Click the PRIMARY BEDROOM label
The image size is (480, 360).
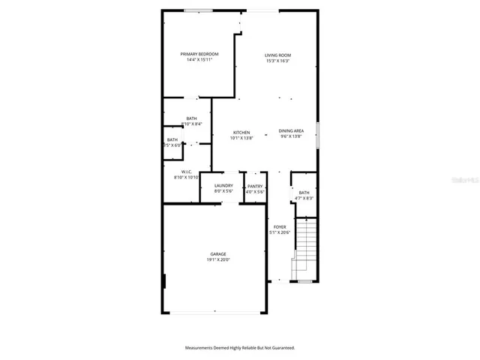199,54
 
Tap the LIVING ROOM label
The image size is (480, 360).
277,55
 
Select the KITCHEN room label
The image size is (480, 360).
241,132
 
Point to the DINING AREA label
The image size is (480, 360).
291,130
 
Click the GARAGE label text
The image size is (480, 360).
218,254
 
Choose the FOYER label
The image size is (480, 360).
280,226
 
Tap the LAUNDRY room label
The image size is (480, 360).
223,185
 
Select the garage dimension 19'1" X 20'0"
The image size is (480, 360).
218,260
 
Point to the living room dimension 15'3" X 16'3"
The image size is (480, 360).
277,61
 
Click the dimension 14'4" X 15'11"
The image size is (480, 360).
199,60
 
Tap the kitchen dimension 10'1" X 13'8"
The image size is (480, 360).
241,138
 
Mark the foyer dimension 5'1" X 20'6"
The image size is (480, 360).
280,232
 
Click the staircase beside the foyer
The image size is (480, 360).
304,247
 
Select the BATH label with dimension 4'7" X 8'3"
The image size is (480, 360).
304,193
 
